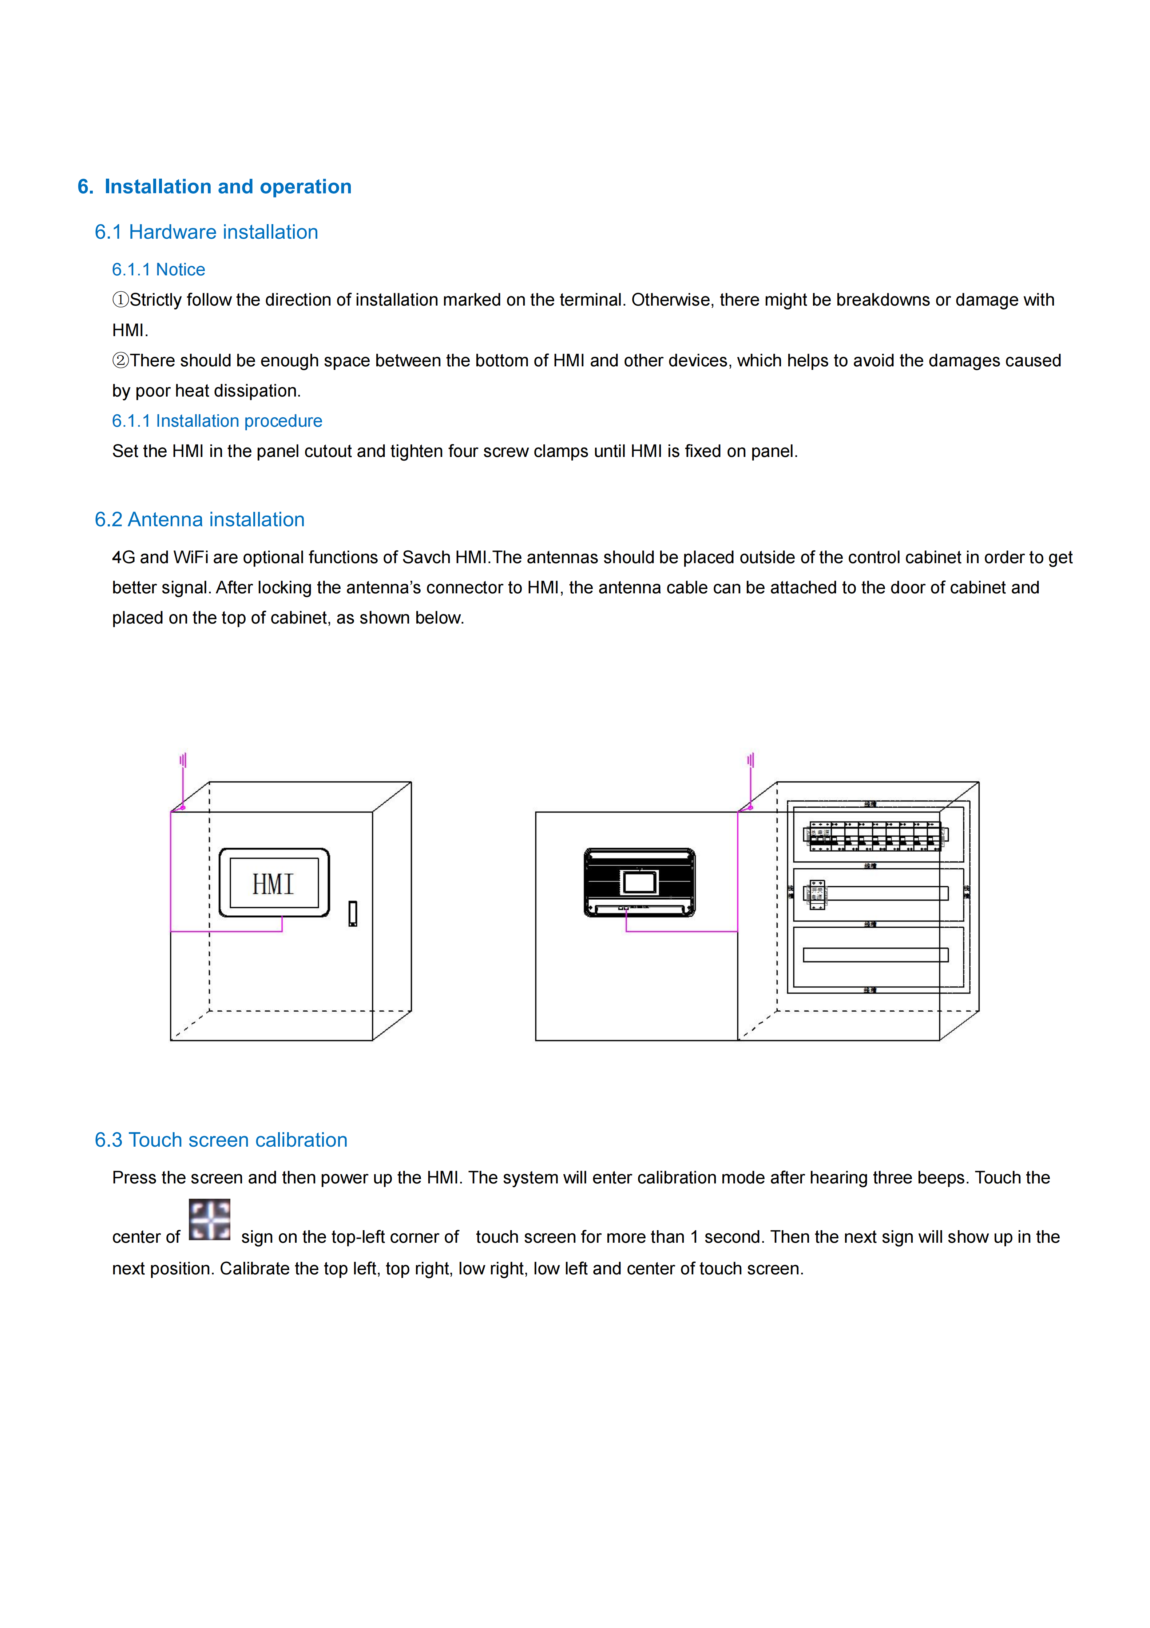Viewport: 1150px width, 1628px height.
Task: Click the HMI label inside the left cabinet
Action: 274,884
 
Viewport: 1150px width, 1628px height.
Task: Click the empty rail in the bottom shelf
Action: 876,955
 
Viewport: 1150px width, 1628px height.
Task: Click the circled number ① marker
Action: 120,300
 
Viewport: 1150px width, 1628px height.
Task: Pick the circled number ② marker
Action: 120,361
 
